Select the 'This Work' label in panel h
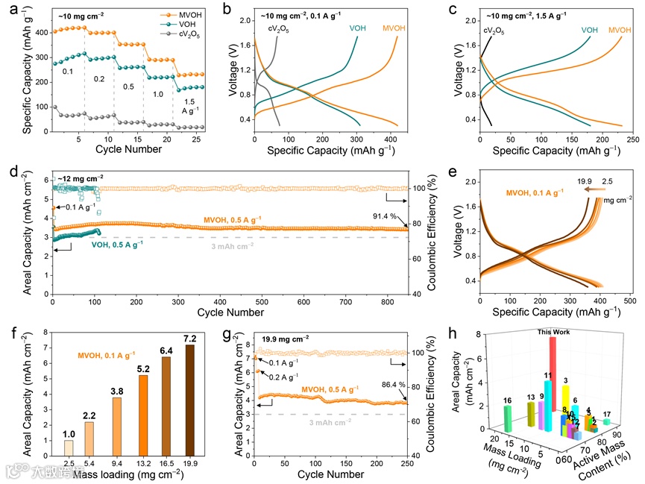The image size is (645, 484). pyautogui.click(x=549, y=330)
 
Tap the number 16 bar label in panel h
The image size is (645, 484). pyautogui.click(x=507, y=400)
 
